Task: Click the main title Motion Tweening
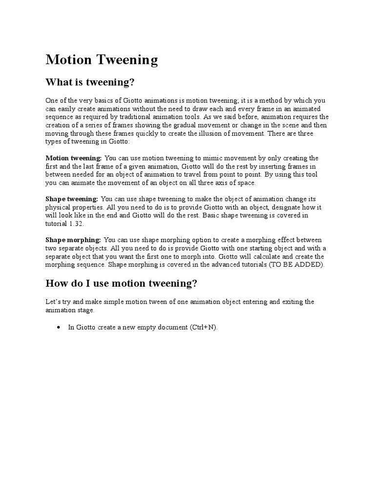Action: [102, 60]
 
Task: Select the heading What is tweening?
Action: [90, 82]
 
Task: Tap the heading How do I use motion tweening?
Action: [121, 283]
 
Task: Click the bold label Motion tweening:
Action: [74, 158]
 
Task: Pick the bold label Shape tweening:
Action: [72, 199]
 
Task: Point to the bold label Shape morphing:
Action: [73, 240]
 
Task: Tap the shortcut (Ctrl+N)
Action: [203, 328]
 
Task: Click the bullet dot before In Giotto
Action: [59, 328]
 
